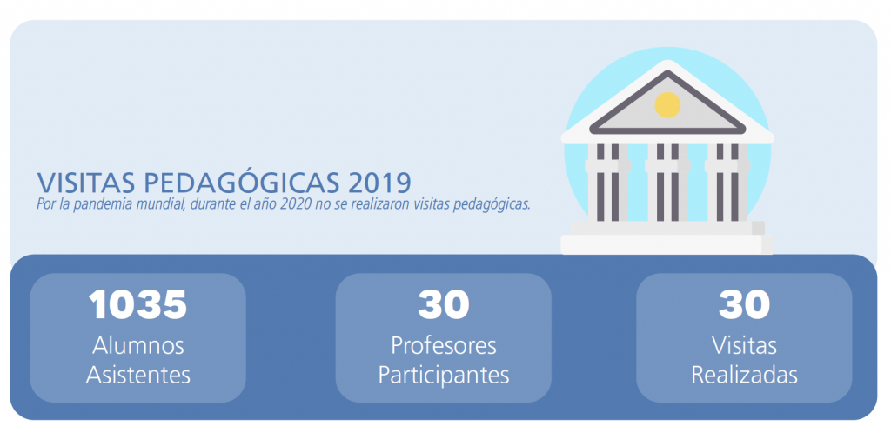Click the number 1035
pos(138,304)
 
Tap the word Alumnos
pos(138,345)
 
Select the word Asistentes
pos(138,375)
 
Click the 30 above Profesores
pos(443,304)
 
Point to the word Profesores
pos(443,345)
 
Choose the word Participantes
pos(443,376)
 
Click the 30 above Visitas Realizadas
pos(744,304)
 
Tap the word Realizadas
pos(744,375)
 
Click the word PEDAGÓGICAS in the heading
pos(240,182)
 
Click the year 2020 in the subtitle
pos(295,204)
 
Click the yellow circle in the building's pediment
pos(667,105)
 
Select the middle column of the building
pos(667,182)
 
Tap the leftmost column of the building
pos(607,182)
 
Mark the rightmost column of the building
pos(727,182)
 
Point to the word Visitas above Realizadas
pos(744,345)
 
